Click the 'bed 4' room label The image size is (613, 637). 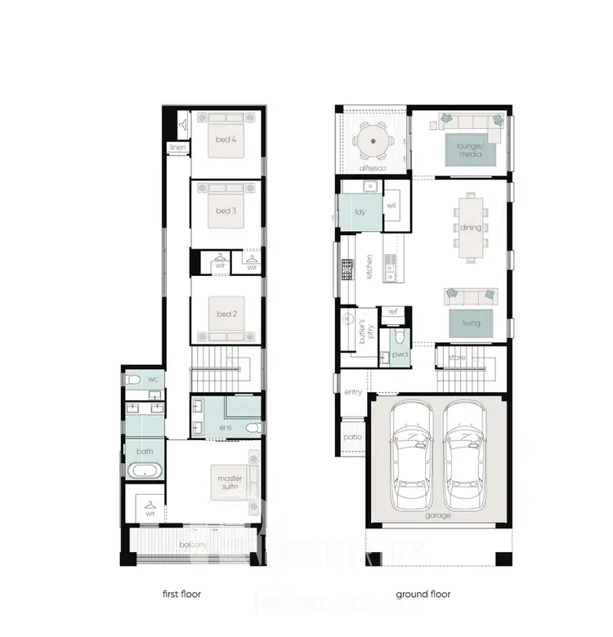226,140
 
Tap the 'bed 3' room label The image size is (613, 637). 226,212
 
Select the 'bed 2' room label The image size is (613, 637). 226,314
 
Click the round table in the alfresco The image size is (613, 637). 374,142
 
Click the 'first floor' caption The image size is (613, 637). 181,595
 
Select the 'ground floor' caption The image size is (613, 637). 423,595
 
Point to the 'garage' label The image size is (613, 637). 437,516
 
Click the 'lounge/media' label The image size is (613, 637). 470,149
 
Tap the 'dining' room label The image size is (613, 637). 471,228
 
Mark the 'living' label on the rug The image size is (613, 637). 471,323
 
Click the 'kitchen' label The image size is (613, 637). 369,267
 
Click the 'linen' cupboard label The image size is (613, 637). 177,148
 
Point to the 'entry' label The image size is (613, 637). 352,393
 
